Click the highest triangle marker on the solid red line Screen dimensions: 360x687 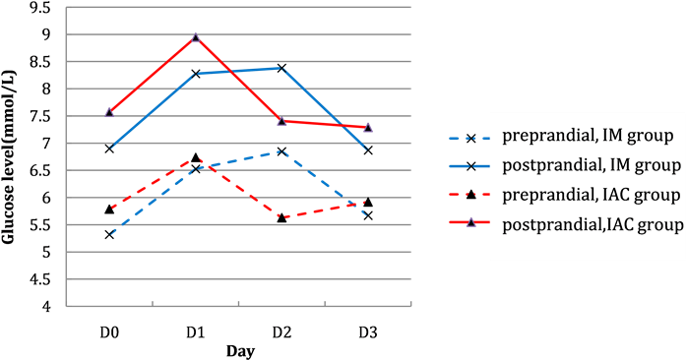pos(196,37)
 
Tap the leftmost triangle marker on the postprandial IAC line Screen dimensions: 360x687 pos(109,112)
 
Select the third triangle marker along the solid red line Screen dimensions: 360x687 pos(282,121)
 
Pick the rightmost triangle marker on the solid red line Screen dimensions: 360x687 pos(368,127)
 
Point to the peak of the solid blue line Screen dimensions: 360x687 pos(282,68)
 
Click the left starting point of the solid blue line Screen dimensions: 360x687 pos(110,148)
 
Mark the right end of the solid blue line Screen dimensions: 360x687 pos(368,150)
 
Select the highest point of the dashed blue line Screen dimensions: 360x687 pos(282,150)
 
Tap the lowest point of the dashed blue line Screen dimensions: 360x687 pos(110,235)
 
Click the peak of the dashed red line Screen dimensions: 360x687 pos(199,158)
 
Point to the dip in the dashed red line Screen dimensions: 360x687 pos(282,216)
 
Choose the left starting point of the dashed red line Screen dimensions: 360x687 pos(110,209)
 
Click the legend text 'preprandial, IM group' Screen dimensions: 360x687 pos(588,136)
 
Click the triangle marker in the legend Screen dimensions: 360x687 pos(470,223)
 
